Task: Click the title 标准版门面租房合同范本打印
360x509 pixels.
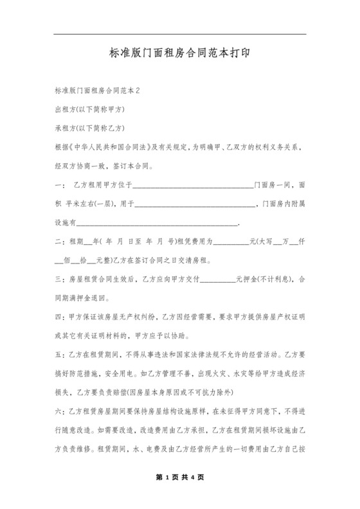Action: pos(179,55)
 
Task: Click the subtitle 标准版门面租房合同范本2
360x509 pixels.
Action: pos(98,91)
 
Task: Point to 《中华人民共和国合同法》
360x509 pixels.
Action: pos(113,147)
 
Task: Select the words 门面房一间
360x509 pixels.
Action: pos(274,185)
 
